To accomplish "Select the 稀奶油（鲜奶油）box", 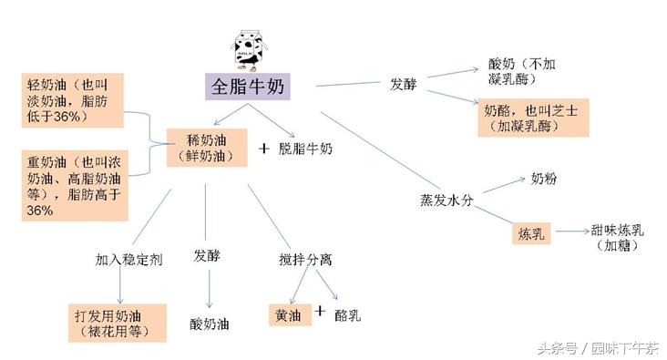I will click(x=207, y=148).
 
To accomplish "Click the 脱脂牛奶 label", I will click(x=305, y=148).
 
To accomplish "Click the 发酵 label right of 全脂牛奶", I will click(x=404, y=84).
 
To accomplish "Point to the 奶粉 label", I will click(x=543, y=179).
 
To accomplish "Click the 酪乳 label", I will click(x=348, y=315).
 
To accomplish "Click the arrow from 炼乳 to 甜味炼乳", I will click(x=570, y=232).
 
